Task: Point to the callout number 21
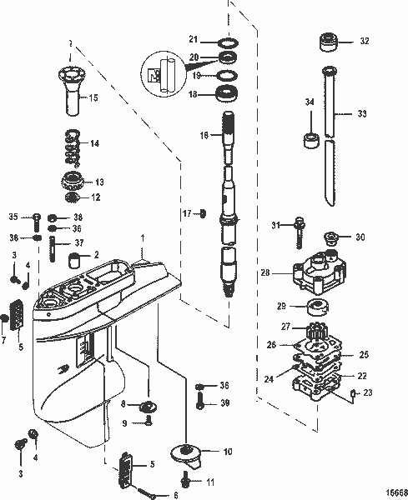pos(193,39)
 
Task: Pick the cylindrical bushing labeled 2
pos(75,256)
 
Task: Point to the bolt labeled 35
pos(36,221)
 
